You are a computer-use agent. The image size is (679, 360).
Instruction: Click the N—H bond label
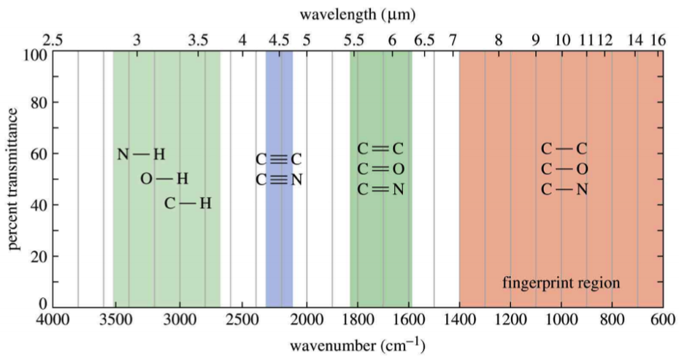point(142,154)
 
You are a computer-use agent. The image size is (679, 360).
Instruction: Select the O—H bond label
point(164,178)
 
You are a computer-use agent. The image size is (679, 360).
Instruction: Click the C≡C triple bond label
point(279,159)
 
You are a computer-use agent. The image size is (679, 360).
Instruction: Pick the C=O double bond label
point(380,169)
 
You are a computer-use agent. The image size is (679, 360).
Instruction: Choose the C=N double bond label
point(380,190)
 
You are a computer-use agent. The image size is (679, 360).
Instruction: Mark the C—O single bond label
point(564,169)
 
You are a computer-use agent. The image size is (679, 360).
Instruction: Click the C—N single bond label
point(564,190)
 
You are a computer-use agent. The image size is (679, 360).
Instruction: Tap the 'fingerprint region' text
point(561,282)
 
